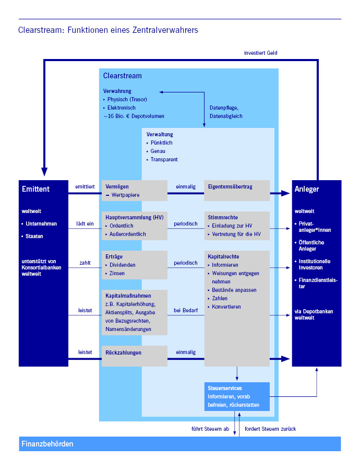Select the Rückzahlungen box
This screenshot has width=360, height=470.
[135, 355]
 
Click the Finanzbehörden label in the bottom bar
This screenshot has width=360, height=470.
[47, 444]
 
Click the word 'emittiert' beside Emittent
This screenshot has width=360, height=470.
[85, 186]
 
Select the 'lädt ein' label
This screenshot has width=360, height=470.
[85, 224]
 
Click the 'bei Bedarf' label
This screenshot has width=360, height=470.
[185, 310]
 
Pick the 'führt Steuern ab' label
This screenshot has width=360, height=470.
[210, 429]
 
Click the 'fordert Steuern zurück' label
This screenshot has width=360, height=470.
[270, 429]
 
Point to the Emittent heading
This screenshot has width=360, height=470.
[36, 189]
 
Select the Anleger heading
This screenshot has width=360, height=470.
[307, 189]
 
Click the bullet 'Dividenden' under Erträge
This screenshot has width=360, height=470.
[123, 265]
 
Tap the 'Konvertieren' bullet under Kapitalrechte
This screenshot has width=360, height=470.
[226, 307]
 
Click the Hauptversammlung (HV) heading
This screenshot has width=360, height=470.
[133, 217]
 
